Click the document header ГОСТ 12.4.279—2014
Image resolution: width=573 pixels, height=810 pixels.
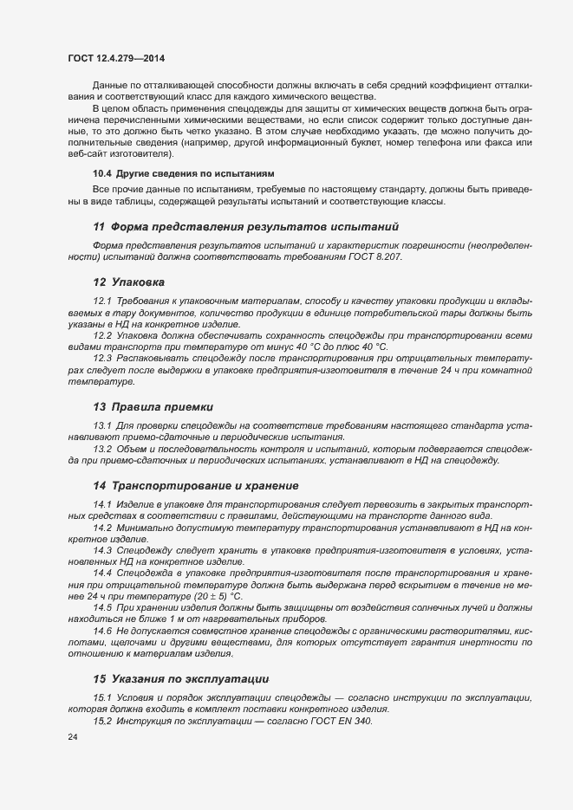coord(115,58)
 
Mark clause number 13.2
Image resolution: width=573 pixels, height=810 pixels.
coord(102,449)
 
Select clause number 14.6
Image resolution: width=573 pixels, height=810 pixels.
coord(102,631)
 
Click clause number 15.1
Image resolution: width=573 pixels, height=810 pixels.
coord(102,697)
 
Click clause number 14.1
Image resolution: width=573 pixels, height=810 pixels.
coord(102,504)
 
